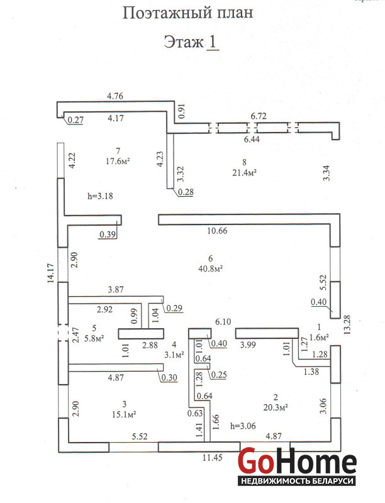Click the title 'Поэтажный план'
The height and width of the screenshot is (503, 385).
187,13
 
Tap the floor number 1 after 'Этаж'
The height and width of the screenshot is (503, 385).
213,42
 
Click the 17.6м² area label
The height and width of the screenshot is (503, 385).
118,160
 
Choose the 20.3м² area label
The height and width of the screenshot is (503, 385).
276,407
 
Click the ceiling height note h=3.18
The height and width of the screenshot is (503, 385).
101,196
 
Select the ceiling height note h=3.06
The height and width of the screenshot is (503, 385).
244,425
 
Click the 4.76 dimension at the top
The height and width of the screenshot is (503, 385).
115,96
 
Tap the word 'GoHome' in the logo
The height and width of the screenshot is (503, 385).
297,462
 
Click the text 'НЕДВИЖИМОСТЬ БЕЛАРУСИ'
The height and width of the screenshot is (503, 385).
297,480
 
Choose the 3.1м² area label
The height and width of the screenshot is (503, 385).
174,355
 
